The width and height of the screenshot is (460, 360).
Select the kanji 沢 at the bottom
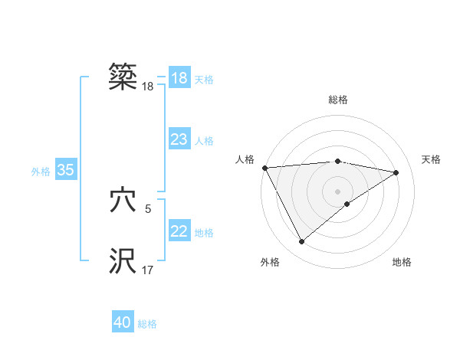[x=123, y=261]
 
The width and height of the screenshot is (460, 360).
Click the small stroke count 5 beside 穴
[x=148, y=208]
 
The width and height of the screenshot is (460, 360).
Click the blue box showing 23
[x=179, y=139]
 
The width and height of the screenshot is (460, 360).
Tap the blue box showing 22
[x=179, y=231]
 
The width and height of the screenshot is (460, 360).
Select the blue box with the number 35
[x=65, y=170]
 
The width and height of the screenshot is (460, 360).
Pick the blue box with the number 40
[x=123, y=322]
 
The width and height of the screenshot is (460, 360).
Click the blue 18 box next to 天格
[x=179, y=78]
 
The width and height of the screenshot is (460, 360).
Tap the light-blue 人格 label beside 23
[x=204, y=141]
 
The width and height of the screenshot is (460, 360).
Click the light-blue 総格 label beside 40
[x=147, y=324]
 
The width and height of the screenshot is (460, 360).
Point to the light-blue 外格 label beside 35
[x=41, y=172]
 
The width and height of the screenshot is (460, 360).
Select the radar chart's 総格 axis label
[x=338, y=100]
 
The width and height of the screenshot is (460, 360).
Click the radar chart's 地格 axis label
[x=402, y=263]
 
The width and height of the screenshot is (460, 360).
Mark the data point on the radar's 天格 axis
[x=396, y=172]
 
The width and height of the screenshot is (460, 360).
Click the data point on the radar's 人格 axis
[x=264, y=168]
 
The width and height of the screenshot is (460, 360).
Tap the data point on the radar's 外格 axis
[x=301, y=242]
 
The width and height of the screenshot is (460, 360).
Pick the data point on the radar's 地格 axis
[x=347, y=204]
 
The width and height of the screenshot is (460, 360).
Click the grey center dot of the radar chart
[x=338, y=191]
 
